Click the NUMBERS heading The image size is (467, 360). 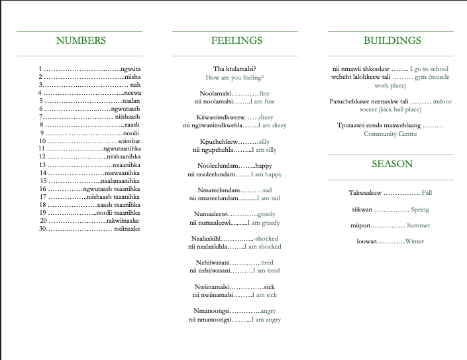point(81,40)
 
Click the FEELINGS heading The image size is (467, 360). point(236,40)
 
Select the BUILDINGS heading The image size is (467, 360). point(392,40)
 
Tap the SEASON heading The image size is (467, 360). point(392,164)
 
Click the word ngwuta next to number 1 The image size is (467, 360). point(130,68)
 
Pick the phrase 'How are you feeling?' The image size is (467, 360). point(235,78)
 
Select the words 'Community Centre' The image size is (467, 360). point(390,133)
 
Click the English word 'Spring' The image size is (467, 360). point(420,210)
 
